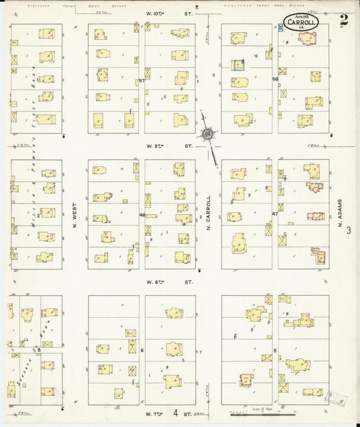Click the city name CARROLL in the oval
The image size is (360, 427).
(x=299, y=22)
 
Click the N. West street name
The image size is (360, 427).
(x=75, y=216)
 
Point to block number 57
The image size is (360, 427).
(x=142, y=81)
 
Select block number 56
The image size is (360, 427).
(x=276, y=79)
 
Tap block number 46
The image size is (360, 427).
(x=142, y=216)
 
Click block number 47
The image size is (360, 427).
(x=275, y=214)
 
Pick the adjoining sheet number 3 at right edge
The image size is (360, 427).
(x=349, y=231)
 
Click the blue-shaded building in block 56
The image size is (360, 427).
(x=238, y=65)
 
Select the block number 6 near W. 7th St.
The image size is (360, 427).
(x=142, y=350)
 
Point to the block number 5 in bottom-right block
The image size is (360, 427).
(x=275, y=349)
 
